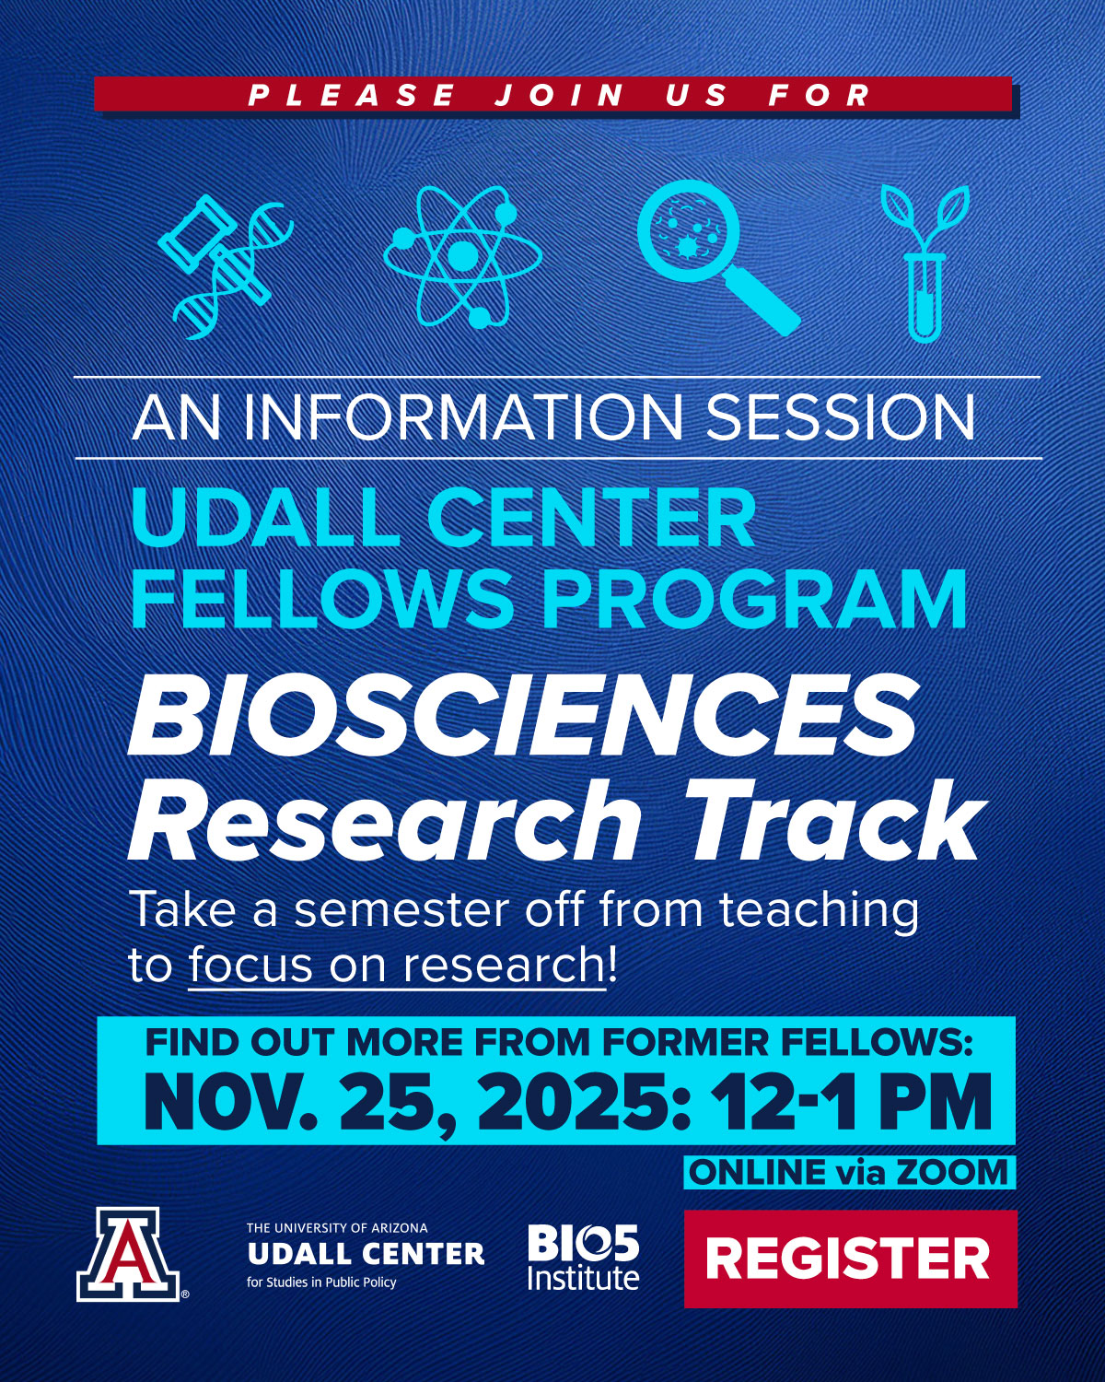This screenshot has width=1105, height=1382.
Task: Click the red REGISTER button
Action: [x=850, y=1259]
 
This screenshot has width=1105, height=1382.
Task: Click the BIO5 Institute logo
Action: [x=583, y=1258]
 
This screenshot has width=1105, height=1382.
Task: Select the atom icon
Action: [x=462, y=256]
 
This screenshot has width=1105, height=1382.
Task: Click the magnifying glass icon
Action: [x=718, y=257]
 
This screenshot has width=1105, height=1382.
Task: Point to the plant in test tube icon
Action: [x=925, y=263]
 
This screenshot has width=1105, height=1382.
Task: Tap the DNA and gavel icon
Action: [x=226, y=266]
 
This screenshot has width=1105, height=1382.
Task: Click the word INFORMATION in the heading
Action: [x=463, y=418]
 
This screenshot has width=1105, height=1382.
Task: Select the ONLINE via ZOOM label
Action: [x=849, y=1172]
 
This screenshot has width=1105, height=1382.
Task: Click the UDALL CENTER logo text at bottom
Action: [x=366, y=1253]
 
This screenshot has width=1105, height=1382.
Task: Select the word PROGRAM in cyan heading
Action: [x=755, y=599]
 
